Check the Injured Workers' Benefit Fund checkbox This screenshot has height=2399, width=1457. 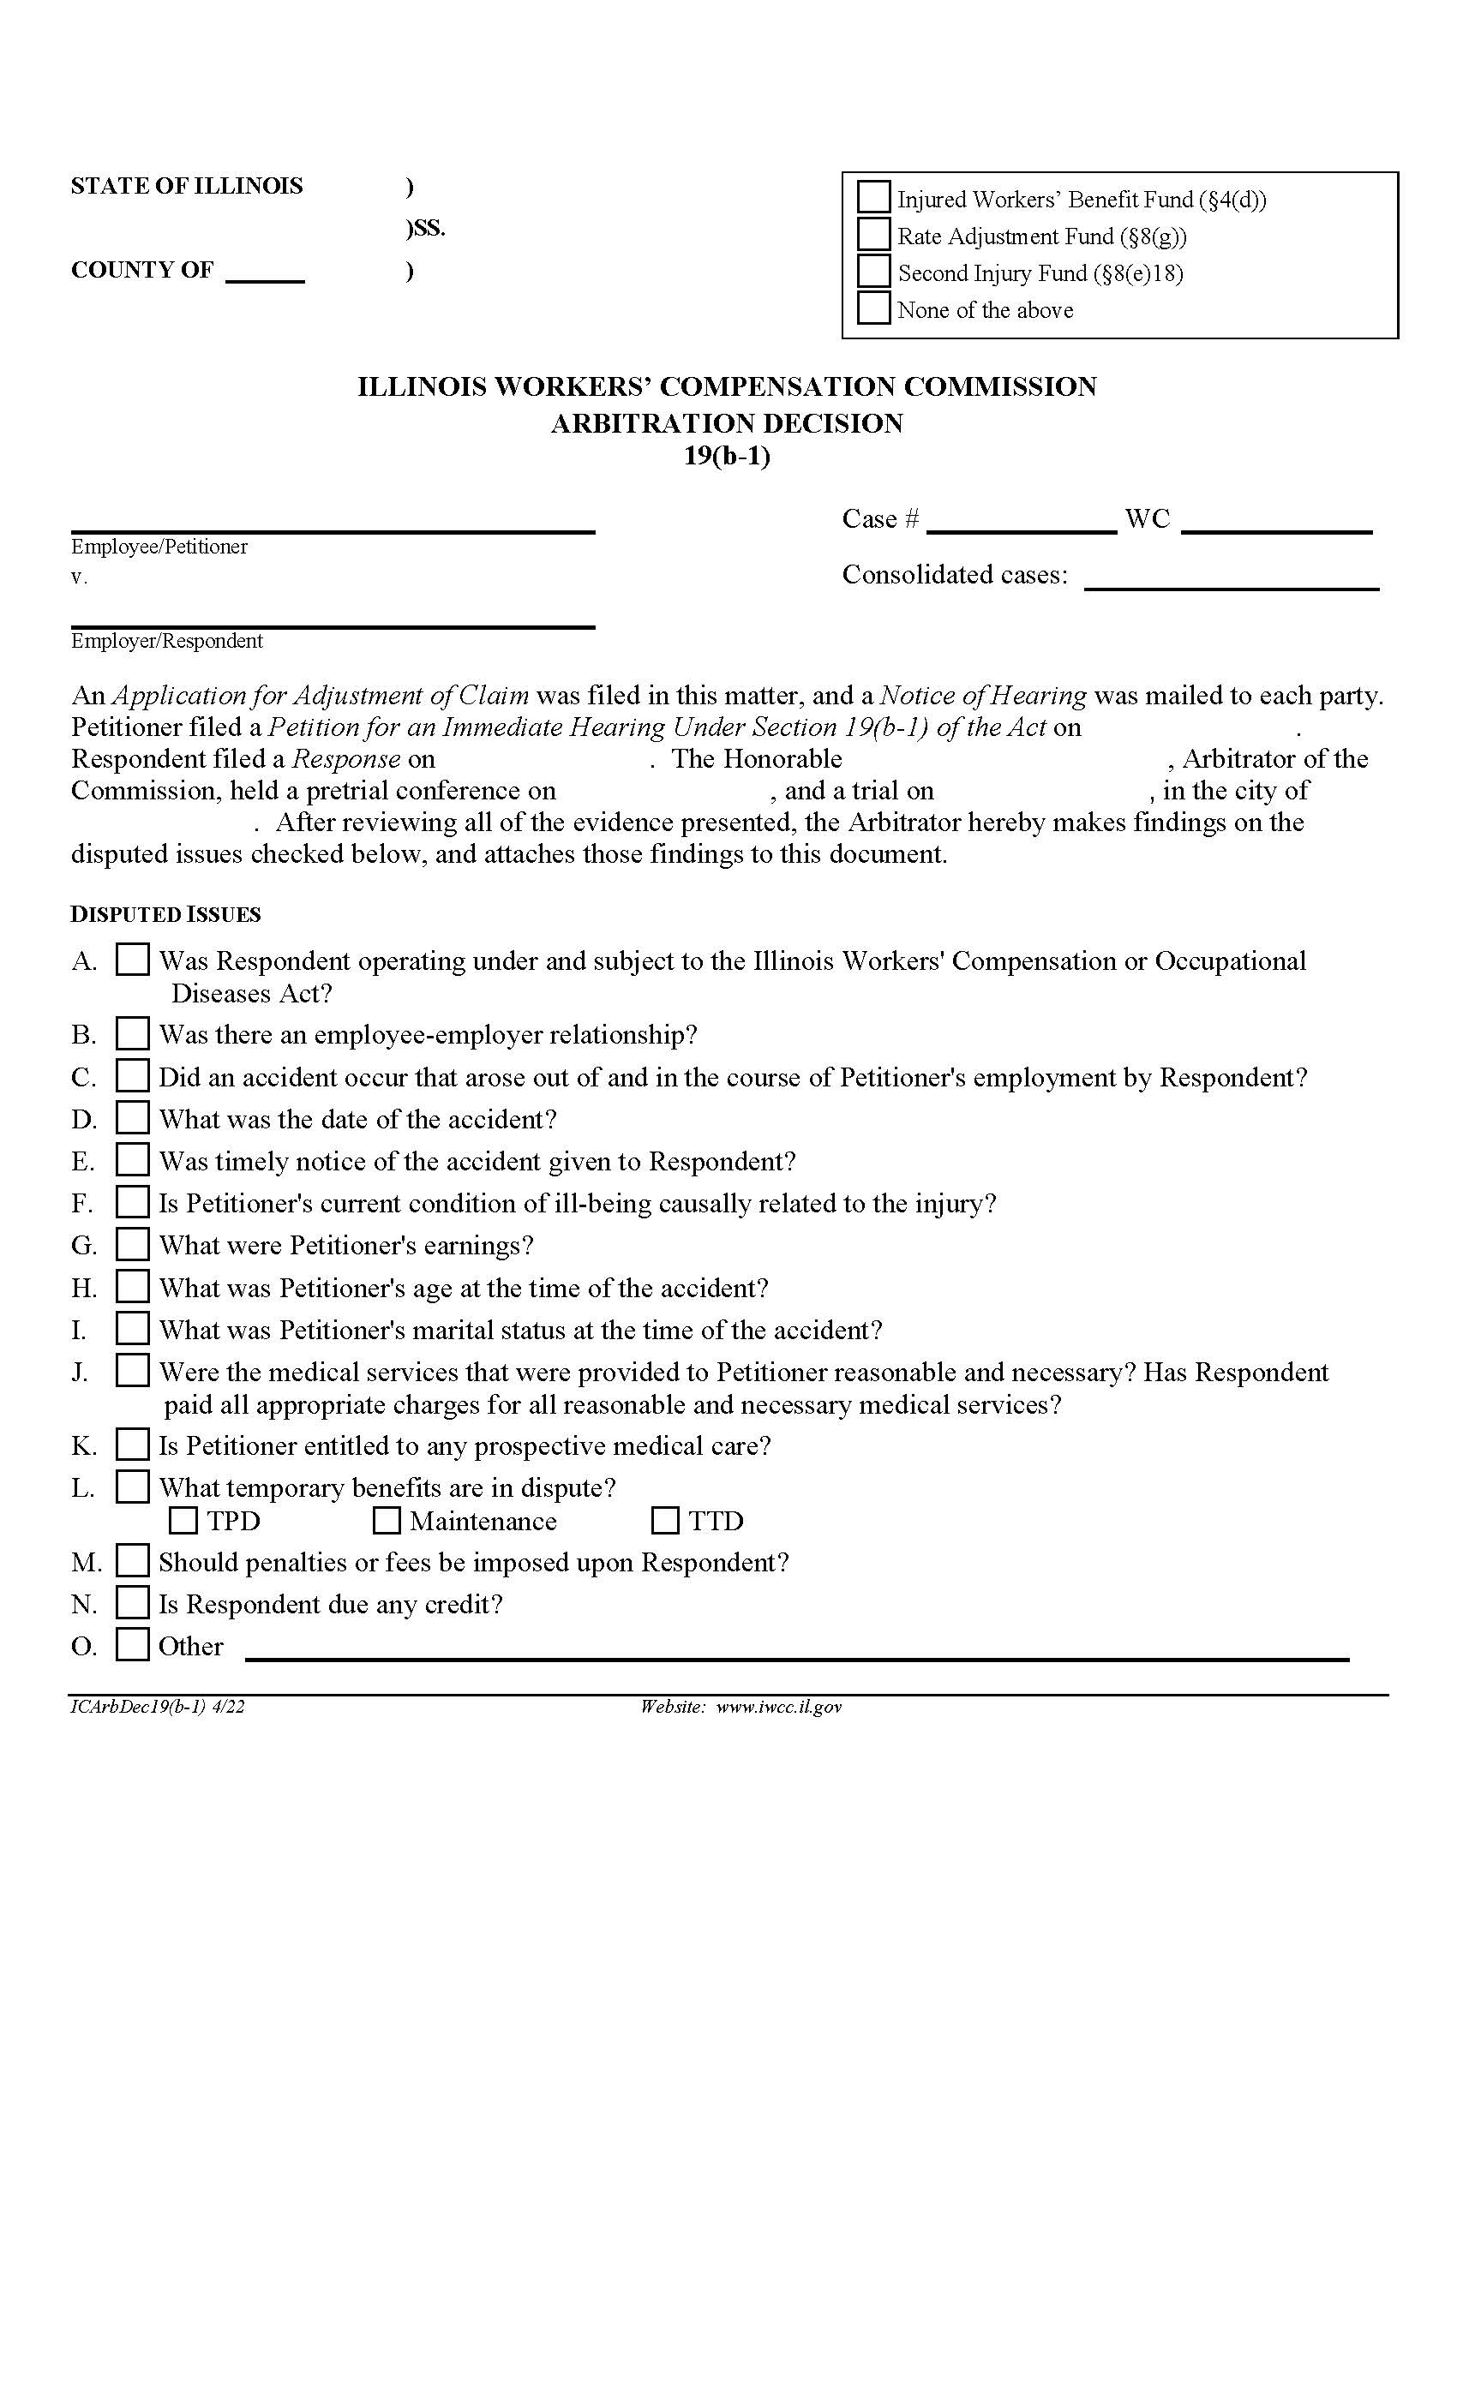tap(873, 198)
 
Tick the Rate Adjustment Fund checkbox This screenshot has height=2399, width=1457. tap(873, 235)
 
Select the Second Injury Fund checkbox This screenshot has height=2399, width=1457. tap(873, 271)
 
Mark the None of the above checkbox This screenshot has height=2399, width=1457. tap(873, 308)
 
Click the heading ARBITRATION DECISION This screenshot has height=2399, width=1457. tap(727, 423)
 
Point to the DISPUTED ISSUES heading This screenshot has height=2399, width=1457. tap(165, 915)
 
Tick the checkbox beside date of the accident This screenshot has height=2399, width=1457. tap(133, 1118)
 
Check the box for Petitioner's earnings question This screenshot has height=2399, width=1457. tap(133, 1244)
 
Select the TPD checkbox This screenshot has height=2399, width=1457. tap(183, 1520)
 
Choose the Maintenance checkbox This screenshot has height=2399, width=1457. tap(387, 1520)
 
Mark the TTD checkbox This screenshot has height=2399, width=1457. tap(665, 1520)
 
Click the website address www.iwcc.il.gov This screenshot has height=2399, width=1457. tap(778, 1707)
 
